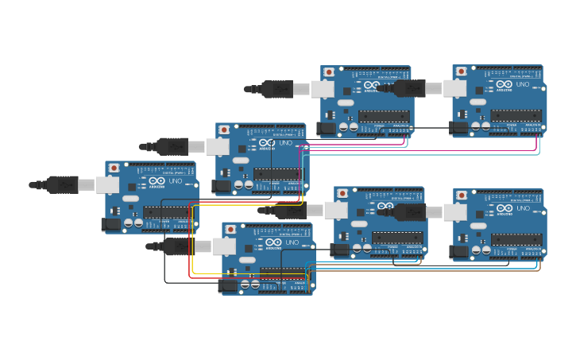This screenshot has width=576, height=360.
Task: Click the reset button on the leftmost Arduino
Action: click(114, 168)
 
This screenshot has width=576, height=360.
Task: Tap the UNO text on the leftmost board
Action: click(176, 181)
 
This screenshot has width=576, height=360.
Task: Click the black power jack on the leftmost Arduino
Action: click(110, 225)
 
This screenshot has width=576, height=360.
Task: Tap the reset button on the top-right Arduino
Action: click(461, 72)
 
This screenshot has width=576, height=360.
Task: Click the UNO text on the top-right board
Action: click(523, 84)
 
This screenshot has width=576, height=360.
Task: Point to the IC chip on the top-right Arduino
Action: click(516, 115)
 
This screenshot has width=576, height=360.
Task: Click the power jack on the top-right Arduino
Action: click(458, 127)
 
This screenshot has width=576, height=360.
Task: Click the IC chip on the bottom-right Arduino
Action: click(516, 239)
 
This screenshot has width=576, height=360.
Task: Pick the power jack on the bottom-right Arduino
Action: click(458, 252)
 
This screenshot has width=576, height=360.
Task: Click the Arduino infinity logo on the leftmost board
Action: click(156, 181)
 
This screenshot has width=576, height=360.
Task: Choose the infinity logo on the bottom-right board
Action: click(504, 209)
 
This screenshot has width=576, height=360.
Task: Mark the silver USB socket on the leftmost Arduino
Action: click(107, 185)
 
